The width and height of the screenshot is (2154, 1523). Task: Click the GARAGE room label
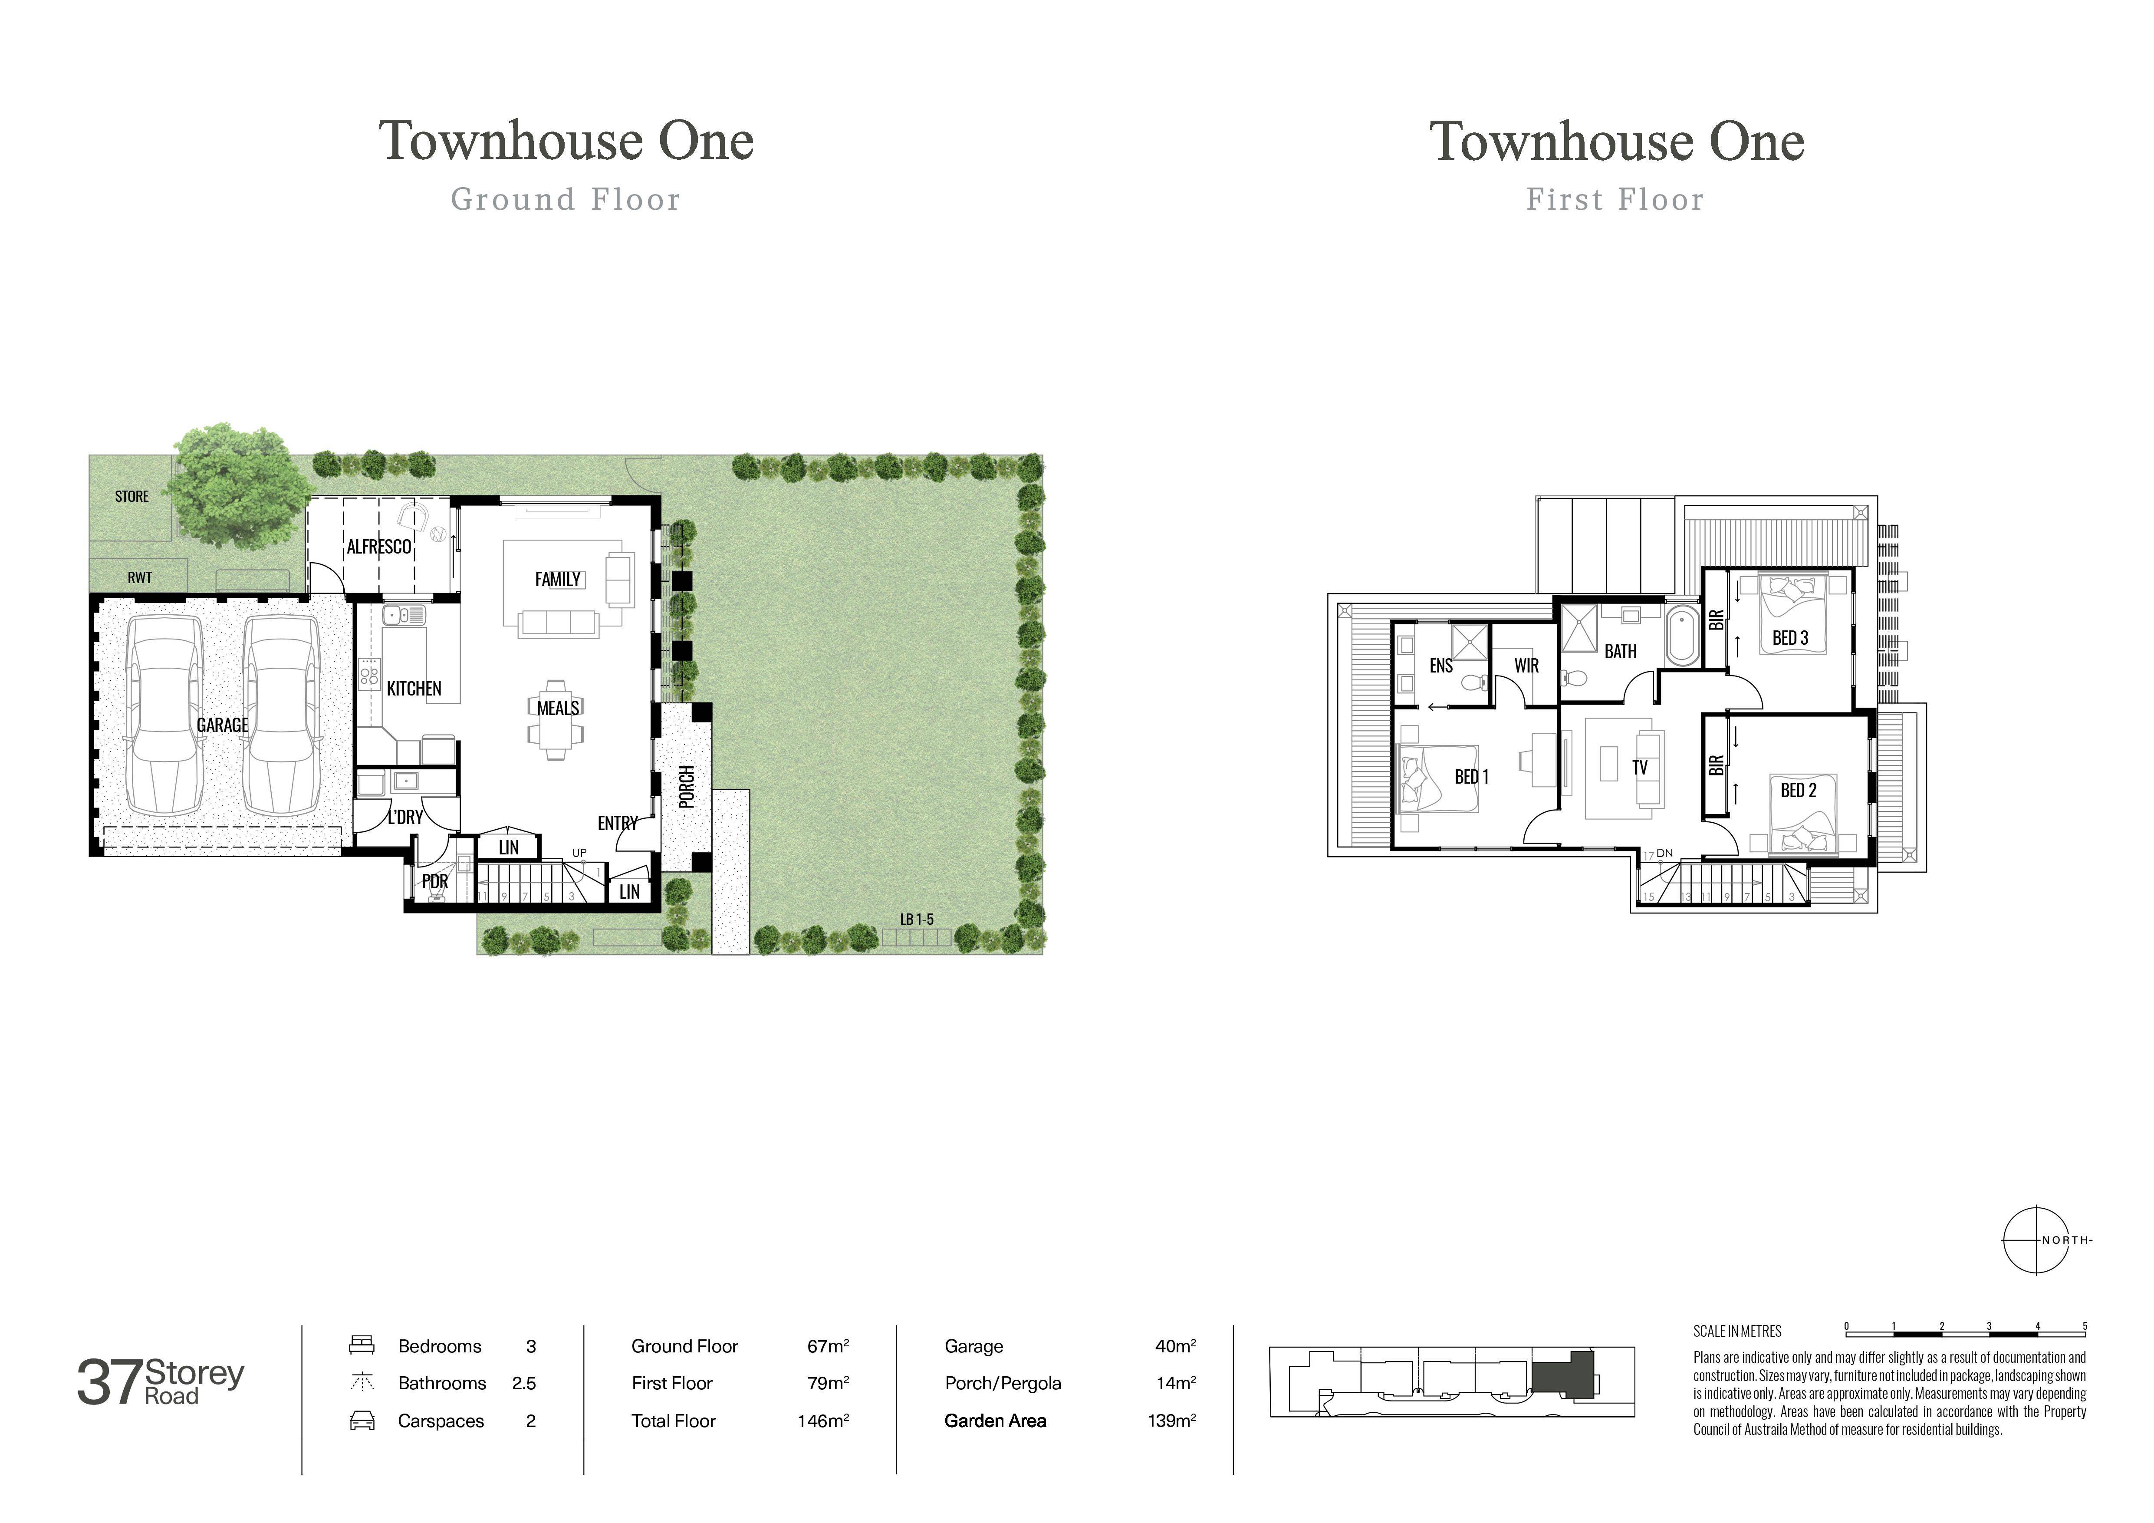pyautogui.click(x=222, y=725)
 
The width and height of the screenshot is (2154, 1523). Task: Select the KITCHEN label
pyautogui.click(x=414, y=689)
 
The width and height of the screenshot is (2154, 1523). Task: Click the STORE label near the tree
pyautogui.click(x=132, y=496)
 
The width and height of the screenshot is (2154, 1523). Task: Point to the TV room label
pyautogui.click(x=1639, y=768)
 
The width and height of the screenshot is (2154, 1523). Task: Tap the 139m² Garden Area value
pyautogui.click(x=1171, y=1421)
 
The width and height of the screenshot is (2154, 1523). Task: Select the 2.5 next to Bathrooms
pyautogui.click(x=523, y=1383)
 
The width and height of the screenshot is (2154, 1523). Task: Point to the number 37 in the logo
pyautogui.click(x=110, y=1383)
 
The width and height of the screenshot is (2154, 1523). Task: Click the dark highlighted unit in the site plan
pyautogui.click(x=1561, y=1377)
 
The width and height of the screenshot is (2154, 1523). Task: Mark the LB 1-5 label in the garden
pyautogui.click(x=917, y=920)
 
